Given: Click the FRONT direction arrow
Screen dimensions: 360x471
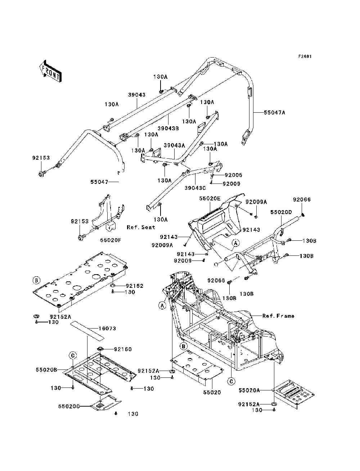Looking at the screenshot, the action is (x=50, y=71).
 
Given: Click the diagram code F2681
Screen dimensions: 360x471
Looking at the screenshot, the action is (x=305, y=56).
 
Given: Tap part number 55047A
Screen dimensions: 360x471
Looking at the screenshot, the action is (x=274, y=112).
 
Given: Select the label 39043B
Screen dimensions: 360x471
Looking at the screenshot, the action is (x=168, y=128).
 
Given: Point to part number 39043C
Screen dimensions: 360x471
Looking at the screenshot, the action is (x=195, y=188).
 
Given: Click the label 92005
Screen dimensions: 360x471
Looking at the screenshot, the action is (x=234, y=175).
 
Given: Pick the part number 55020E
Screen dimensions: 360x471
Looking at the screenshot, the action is (x=210, y=198).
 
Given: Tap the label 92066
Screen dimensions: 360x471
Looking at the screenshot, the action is (x=302, y=200).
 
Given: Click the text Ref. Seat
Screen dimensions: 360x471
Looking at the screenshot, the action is (x=141, y=227).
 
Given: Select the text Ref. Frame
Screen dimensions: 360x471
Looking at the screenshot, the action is (x=278, y=316).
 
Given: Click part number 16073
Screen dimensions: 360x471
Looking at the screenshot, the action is (x=107, y=329).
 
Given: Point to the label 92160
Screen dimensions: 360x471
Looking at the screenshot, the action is (x=123, y=349).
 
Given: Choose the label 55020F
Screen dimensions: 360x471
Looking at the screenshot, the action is (x=111, y=240).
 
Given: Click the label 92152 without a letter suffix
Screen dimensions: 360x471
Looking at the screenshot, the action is (x=134, y=286).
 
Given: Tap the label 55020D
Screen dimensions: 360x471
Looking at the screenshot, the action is (x=281, y=212).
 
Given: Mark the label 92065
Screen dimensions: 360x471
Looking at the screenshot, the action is (x=216, y=280).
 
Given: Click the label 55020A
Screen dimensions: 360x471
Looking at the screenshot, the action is (x=249, y=390).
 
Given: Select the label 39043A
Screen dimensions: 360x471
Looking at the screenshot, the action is (x=174, y=145).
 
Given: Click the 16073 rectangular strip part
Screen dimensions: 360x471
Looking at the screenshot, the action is (x=87, y=331).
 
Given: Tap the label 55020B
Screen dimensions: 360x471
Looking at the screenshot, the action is (x=46, y=370).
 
